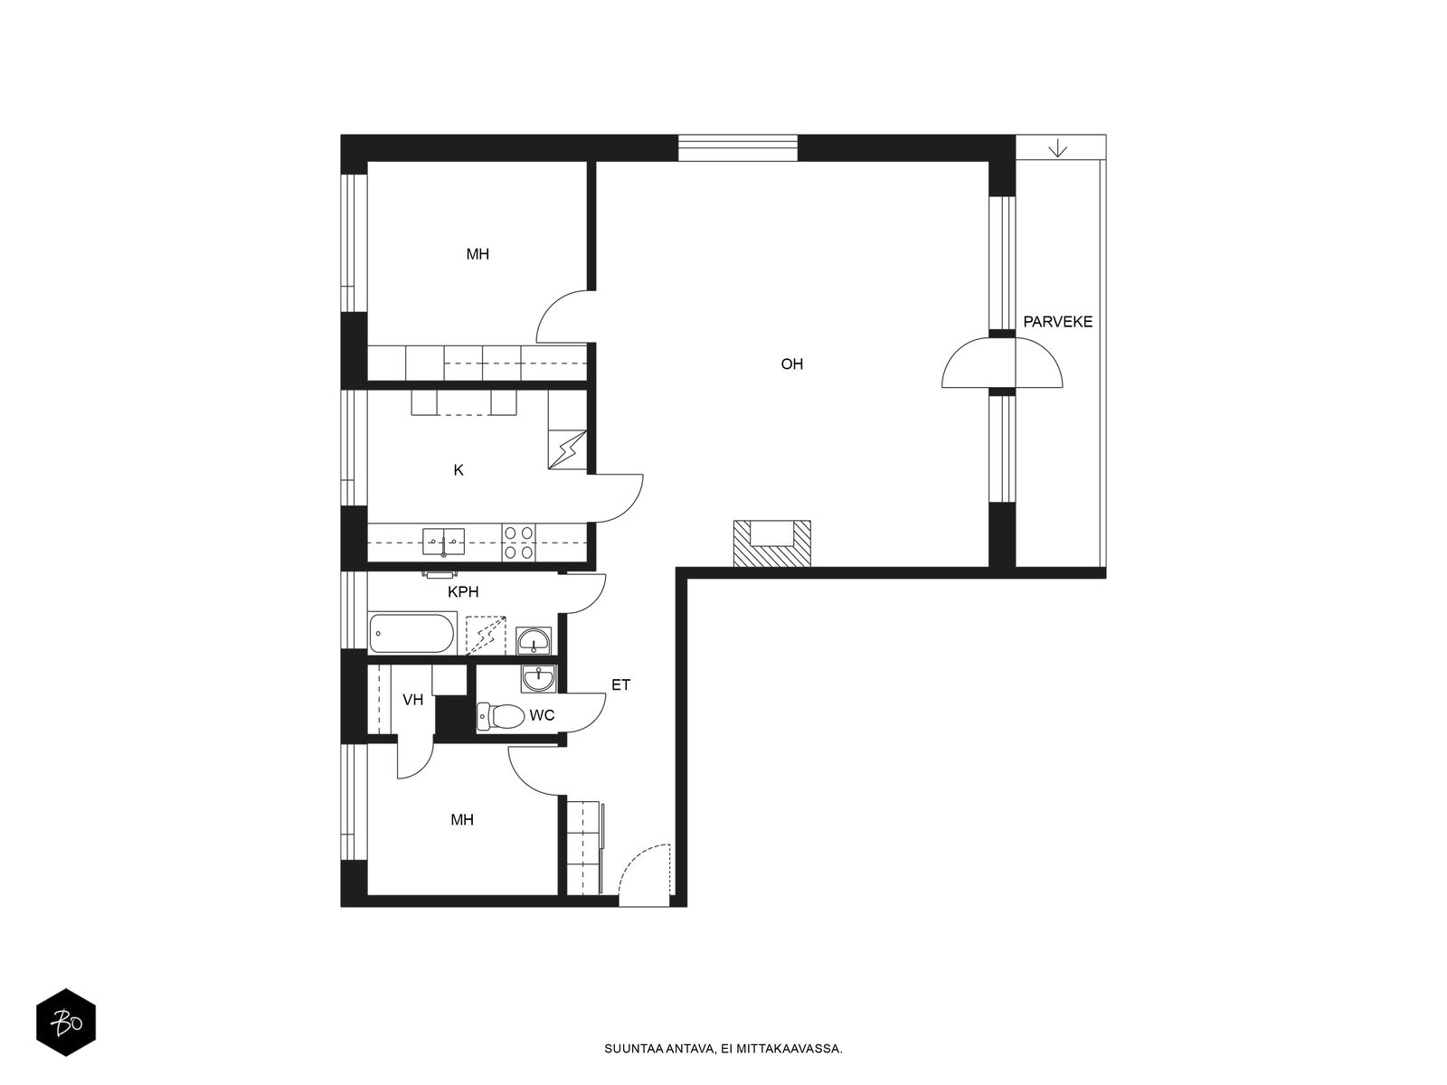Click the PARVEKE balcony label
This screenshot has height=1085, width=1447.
tap(1057, 322)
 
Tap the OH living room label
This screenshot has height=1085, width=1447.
tap(791, 364)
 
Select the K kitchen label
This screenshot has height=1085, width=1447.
tap(459, 470)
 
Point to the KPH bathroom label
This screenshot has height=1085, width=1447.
tap(463, 592)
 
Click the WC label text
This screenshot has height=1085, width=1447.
tap(542, 715)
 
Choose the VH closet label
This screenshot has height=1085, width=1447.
tap(412, 699)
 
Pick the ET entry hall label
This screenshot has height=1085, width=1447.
tap(620, 685)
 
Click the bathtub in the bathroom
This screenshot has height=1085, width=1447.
tap(411, 634)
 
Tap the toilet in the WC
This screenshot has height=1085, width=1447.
tap(500, 717)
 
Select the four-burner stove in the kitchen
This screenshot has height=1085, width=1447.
tap(518, 542)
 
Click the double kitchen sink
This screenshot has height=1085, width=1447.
tap(443, 542)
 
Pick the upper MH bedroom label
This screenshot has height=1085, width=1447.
tap(478, 254)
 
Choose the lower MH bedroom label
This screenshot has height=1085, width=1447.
tap(462, 820)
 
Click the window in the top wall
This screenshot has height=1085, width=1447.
tap(738, 147)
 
